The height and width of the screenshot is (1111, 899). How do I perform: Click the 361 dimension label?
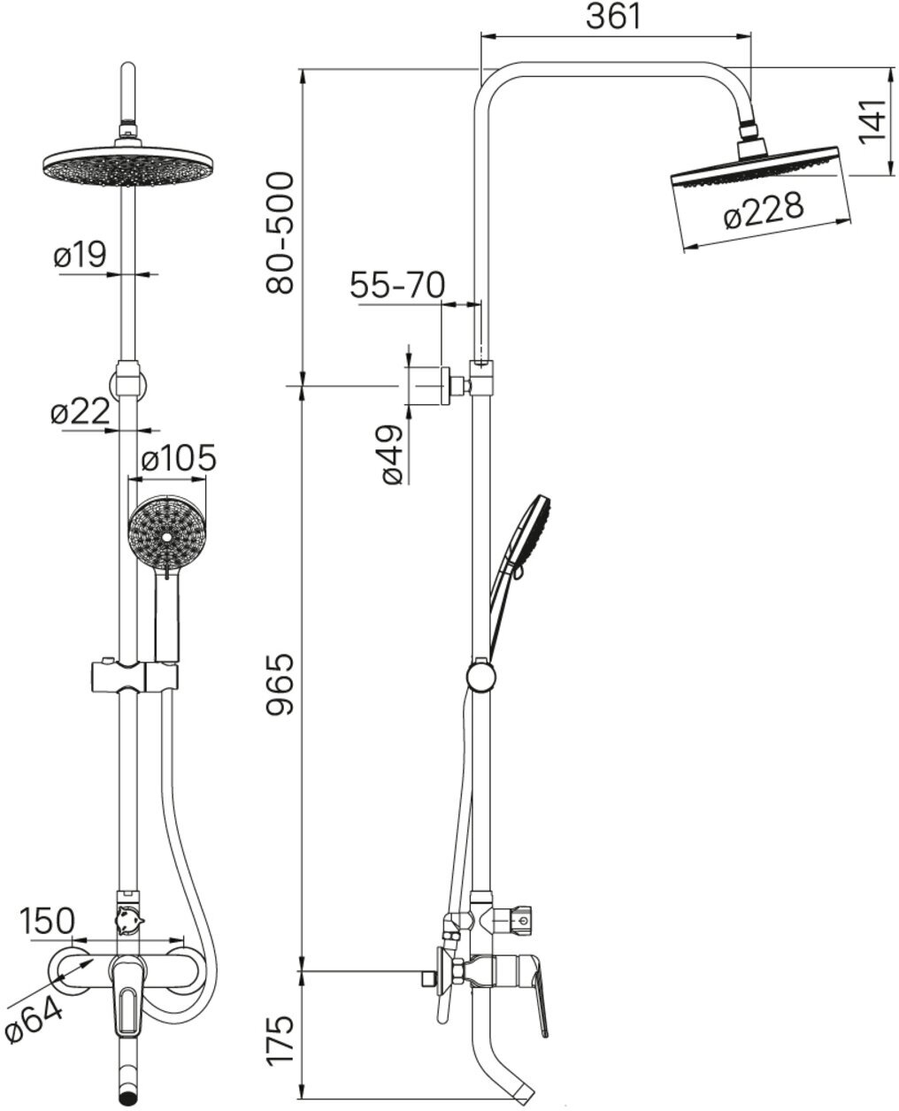[613, 16]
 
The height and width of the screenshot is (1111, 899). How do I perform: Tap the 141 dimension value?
[873, 120]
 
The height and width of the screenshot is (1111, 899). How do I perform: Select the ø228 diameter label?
[764, 211]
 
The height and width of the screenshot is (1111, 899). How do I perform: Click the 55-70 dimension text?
[397, 285]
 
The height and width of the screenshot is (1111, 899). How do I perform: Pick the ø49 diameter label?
[392, 455]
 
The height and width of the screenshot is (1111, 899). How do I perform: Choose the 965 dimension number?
[280, 683]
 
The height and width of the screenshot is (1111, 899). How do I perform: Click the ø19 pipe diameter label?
[80, 254]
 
